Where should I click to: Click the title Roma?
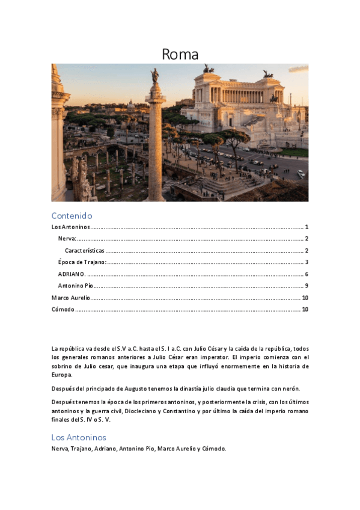[180, 54]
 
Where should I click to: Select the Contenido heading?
[72, 215]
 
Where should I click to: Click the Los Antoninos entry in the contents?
[70, 227]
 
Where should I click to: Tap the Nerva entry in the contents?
[67, 239]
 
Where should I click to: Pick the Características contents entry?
[85, 250]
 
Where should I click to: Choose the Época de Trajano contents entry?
[82, 262]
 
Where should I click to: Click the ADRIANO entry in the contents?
[72, 274]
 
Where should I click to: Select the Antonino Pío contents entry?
[75, 286]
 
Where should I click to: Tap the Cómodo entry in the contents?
[63, 309]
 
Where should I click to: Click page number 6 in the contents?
[307, 274]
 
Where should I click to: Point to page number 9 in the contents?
[307, 286]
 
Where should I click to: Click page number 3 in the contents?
[307, 262]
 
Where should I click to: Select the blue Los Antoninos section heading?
[79, 437]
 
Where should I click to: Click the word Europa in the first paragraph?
[62, 375]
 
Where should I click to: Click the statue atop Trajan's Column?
[154, 76]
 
